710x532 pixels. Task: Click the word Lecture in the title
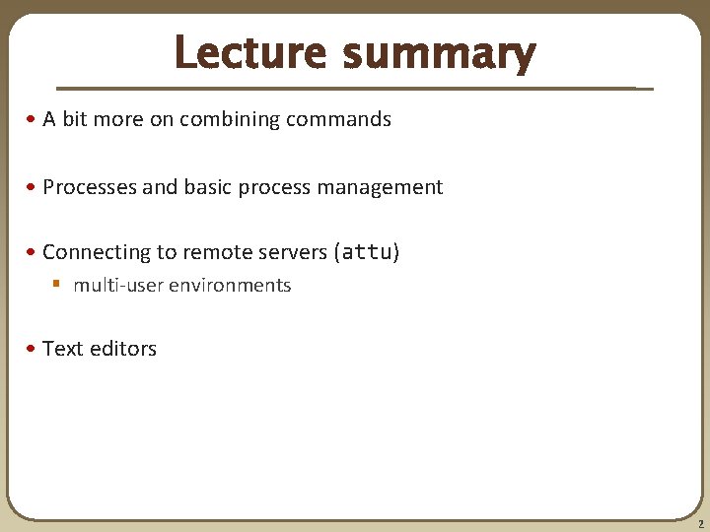251,53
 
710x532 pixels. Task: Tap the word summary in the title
439,55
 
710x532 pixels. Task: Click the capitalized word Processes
90,187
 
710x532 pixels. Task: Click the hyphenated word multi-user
117,286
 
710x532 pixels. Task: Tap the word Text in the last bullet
62,349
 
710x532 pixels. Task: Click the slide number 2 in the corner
699,525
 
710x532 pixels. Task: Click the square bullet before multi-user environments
57,285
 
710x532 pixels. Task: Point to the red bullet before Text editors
34,349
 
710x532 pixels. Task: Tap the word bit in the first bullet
75,120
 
